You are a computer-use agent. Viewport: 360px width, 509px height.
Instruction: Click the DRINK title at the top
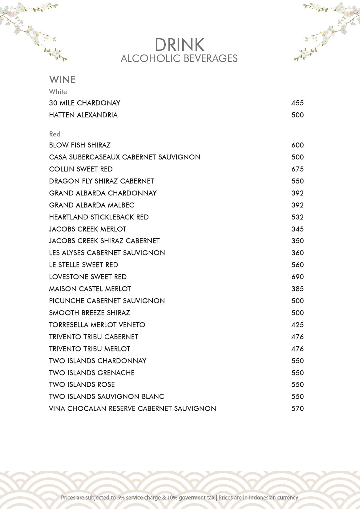pos(180,45)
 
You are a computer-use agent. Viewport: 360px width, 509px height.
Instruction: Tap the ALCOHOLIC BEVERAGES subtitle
pos(179,58)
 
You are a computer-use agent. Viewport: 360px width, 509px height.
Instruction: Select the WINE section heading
pos(63,80)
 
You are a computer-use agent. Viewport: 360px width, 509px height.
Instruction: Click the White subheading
pos(58,92)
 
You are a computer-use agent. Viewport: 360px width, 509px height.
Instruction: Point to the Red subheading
pos(55,134)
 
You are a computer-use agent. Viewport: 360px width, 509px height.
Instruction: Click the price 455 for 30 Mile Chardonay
pos(297,103)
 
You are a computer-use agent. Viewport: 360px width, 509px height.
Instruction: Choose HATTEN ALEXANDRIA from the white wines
pos(83,115)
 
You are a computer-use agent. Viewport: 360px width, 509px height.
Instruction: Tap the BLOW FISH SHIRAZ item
pos(80,145)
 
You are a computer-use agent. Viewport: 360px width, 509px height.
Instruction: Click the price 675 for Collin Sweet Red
pos(297,169)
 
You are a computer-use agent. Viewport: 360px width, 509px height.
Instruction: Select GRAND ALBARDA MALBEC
pos(92,205)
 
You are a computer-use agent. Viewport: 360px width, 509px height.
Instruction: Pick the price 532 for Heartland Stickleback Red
pos(297,217)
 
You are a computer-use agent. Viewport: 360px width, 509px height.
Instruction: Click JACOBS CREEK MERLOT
pos(88,229)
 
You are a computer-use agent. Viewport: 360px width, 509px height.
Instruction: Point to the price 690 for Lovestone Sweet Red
pos(297,277)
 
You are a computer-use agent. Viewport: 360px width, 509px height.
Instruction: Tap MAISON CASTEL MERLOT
pos(90,289)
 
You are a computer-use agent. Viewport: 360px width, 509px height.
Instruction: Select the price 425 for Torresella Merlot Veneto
pos(297,325)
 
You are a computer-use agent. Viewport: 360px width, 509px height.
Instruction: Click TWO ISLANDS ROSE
pos(82,385)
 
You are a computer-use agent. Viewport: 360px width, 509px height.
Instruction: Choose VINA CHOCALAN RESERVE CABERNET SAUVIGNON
pos(132,409)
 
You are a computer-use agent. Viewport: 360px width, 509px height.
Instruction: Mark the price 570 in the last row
pos(297,409)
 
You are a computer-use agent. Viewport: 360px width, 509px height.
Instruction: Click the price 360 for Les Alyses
pos(297,253)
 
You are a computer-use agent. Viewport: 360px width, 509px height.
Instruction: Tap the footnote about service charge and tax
pos(180,498)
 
